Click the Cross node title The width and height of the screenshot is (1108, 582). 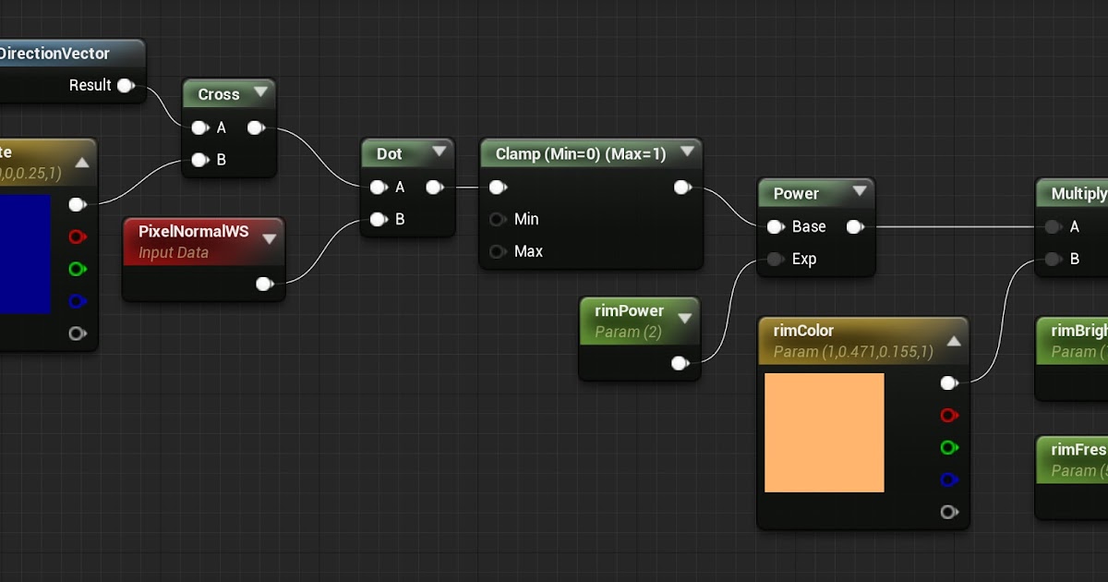(219, 94)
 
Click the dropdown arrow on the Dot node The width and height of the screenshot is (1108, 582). (439, 153)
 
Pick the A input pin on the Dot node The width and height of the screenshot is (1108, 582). (378, 188)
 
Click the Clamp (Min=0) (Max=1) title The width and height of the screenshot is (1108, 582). (581, 153)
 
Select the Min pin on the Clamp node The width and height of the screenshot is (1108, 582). (499, 219)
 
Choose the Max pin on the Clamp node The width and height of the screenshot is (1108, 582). (499, 251)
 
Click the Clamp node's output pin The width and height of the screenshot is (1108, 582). (682, 188)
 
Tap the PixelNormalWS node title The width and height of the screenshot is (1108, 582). (193, 232)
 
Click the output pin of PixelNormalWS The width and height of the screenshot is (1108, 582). (265, 284)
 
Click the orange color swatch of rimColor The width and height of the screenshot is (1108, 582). (824, 432)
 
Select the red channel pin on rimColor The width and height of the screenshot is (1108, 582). (948, 416)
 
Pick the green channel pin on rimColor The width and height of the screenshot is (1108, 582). (948, 448)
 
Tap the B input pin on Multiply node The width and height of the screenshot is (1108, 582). (1052, 259)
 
